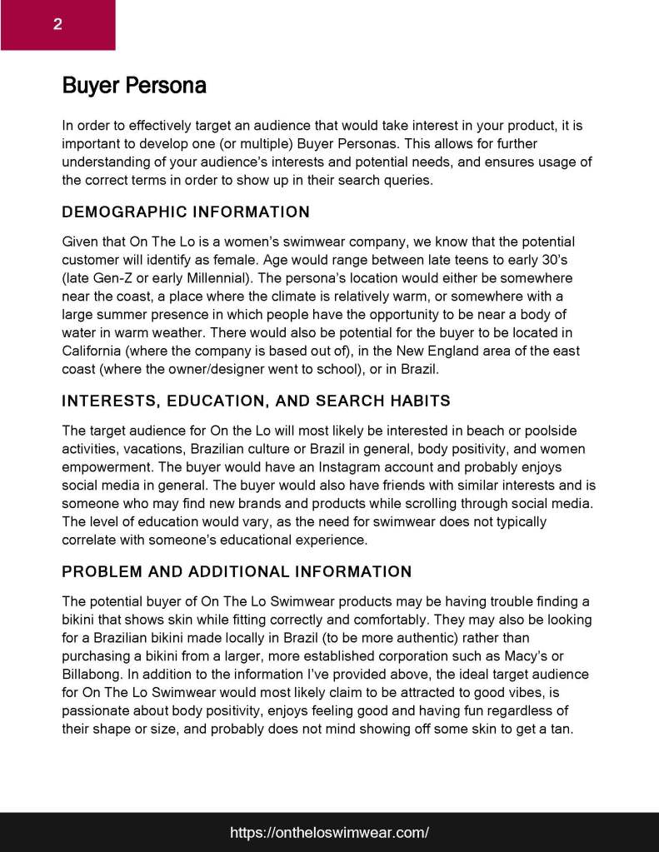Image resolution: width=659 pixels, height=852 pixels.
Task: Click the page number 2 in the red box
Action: click(57, 24)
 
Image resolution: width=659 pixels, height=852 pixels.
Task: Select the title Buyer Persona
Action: click(134, 86)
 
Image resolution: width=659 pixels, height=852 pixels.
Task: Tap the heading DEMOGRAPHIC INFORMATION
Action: click(186, 212)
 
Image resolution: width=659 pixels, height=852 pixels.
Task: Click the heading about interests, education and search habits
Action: click(256, 401)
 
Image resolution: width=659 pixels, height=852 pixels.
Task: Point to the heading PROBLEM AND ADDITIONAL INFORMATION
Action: click(237, 572)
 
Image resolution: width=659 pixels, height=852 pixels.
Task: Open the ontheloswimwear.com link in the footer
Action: click(329, 832)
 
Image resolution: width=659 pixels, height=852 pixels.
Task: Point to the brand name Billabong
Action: click(94, 675)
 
